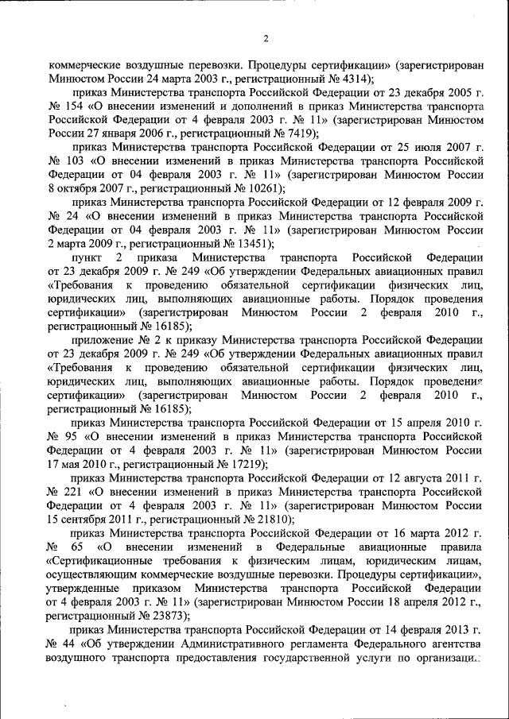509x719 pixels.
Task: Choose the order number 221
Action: pyautogui.click(x=76, y=492)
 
